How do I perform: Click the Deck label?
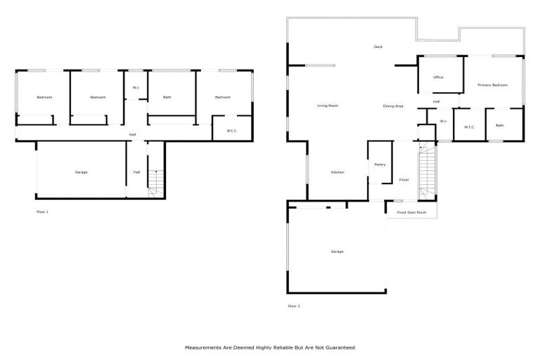point(378,47)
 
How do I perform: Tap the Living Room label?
point(328,105)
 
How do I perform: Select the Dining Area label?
point(393,105)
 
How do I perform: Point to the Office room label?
point(438,77)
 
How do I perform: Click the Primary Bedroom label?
point(492,85)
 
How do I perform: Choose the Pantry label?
point(380,165)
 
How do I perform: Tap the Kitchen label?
point(337,172)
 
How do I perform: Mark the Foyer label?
point(404,180)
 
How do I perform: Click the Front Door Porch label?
point(411,212)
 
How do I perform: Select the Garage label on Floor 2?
point(337,251)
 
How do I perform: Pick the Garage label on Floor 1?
point(81,172)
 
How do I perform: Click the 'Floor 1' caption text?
point(43,211)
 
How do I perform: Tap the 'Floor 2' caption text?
point(294,306)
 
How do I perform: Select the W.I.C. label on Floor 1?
point(231,131)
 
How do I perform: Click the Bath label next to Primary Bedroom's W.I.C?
point(499,126)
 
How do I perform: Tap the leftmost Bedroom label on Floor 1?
point(44,97)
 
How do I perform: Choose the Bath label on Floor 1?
point(167,97)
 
